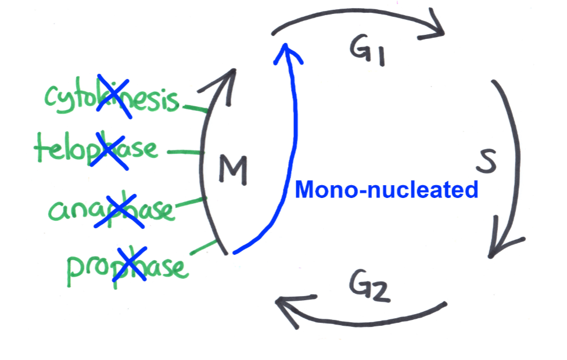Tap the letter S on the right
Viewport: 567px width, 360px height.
486,163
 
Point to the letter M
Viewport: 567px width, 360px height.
233,170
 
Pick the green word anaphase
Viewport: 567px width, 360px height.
110,209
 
